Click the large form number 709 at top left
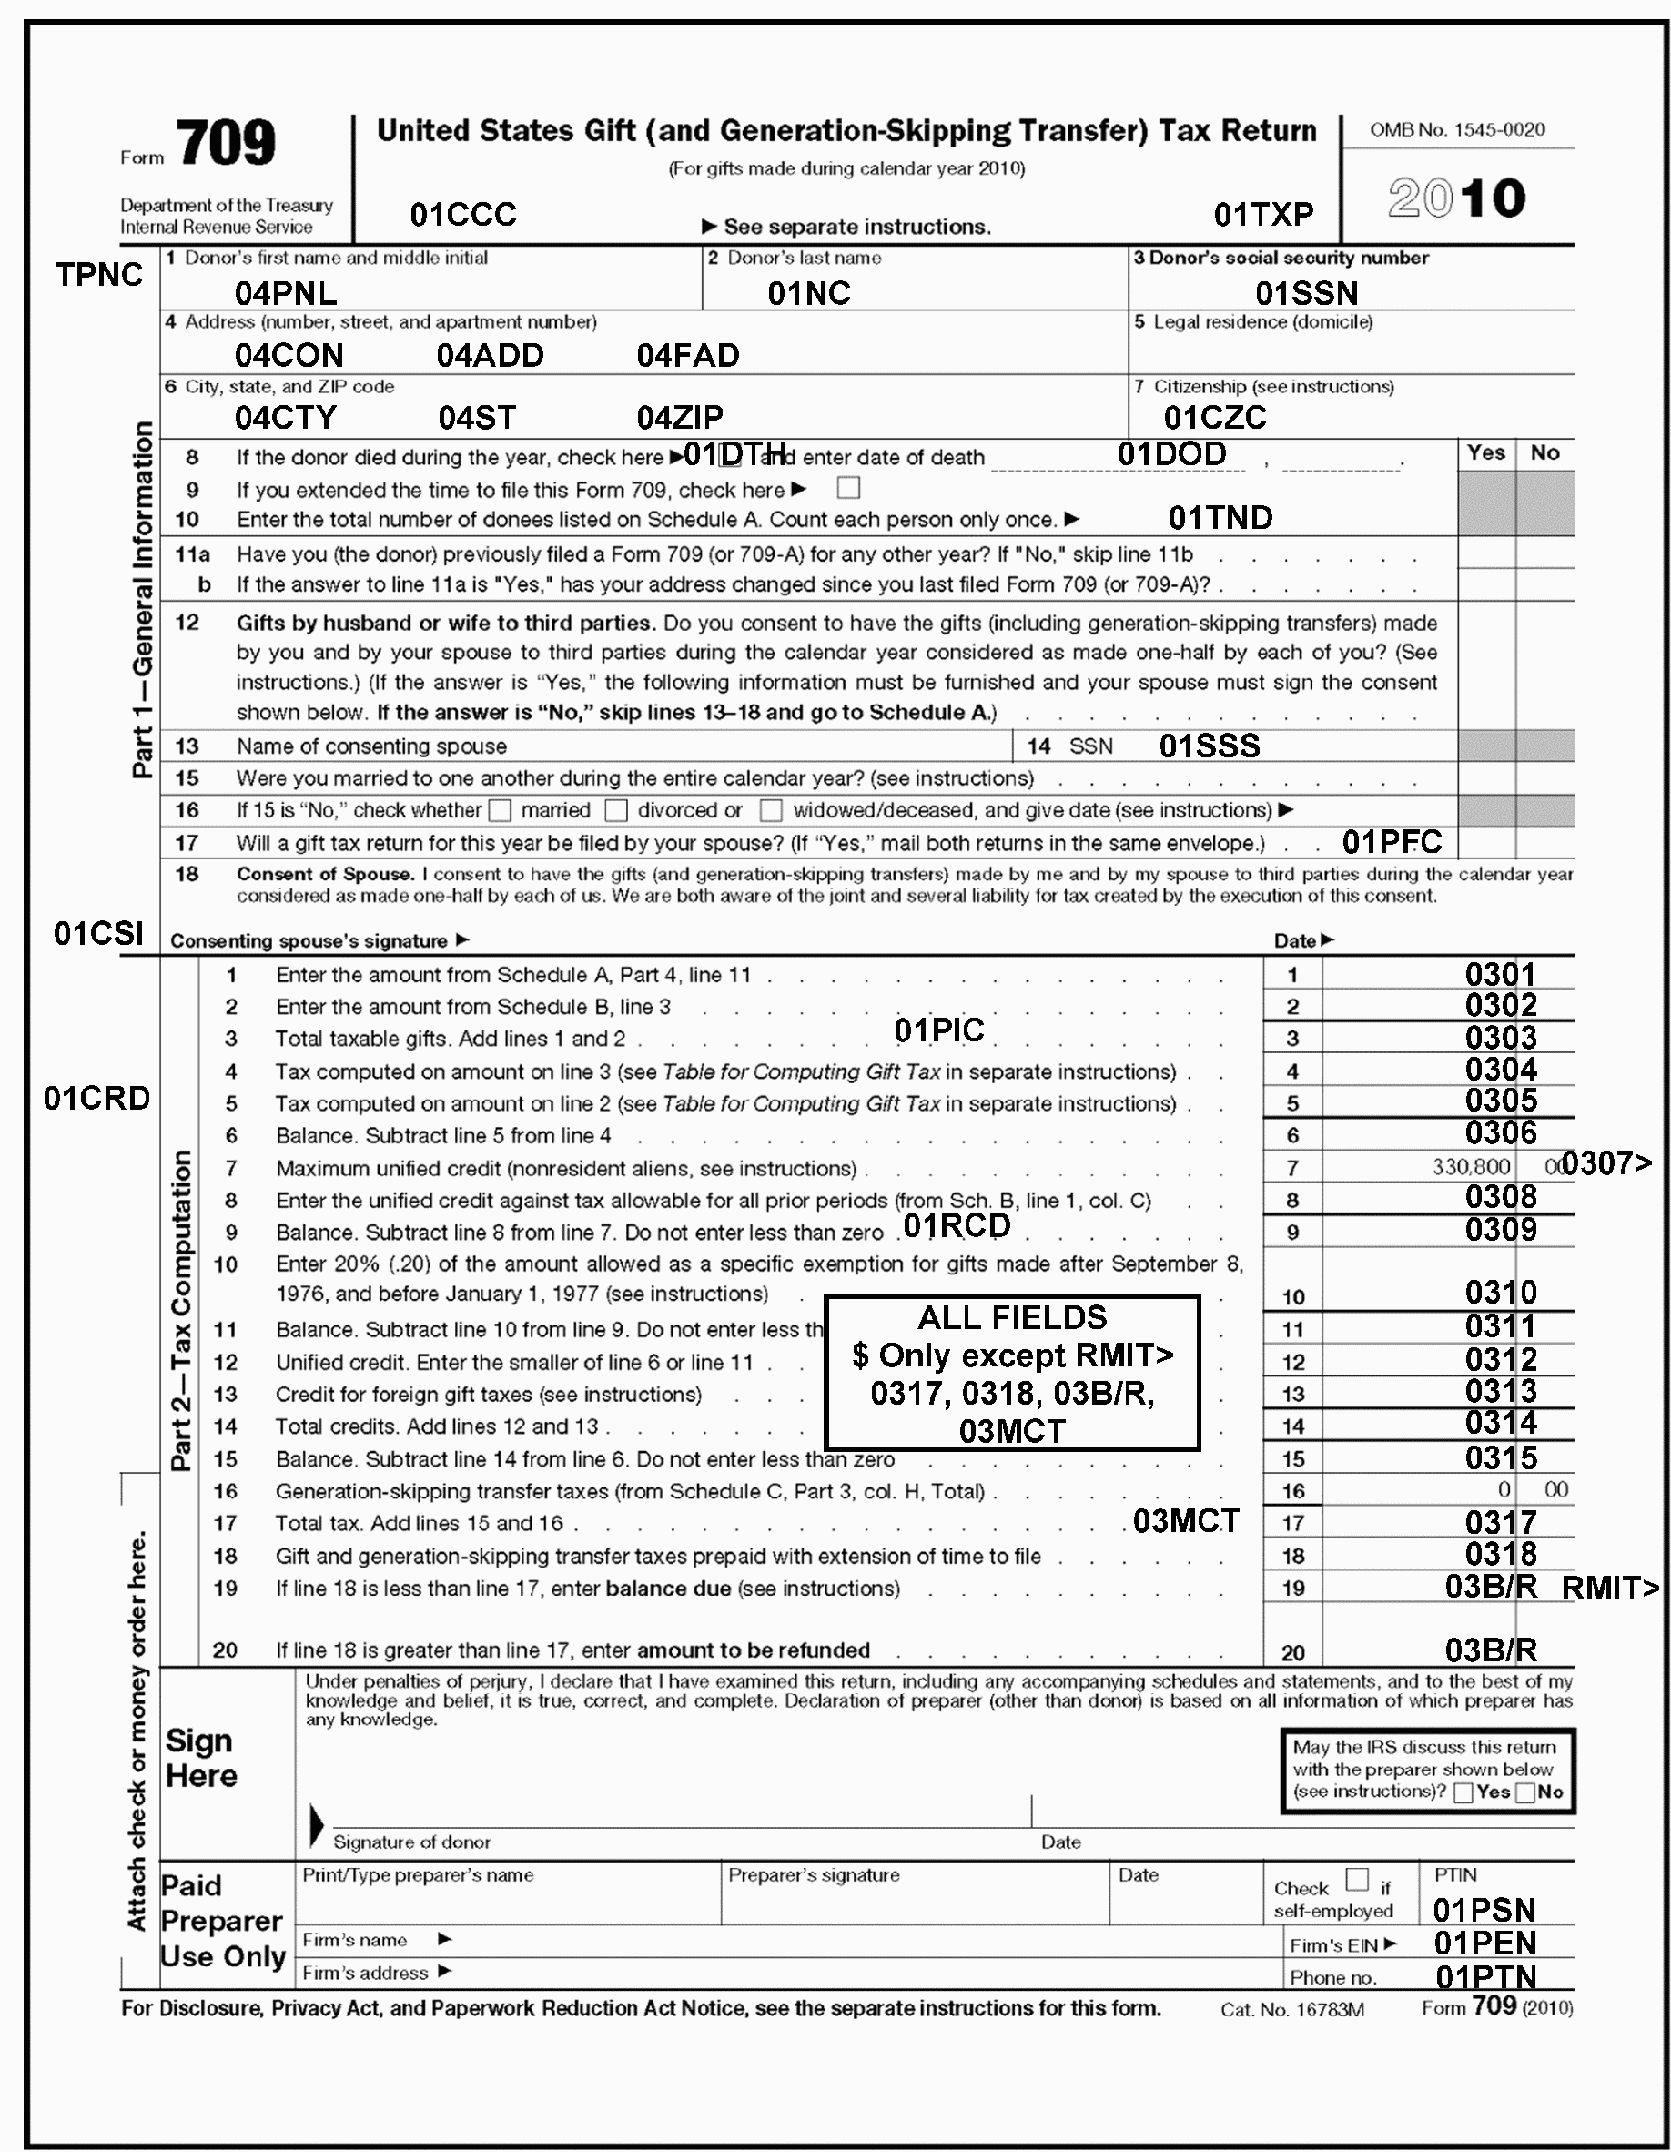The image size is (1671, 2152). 227,144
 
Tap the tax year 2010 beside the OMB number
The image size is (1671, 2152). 1456,198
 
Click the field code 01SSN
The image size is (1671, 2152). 1306,292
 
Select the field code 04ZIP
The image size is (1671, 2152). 680,418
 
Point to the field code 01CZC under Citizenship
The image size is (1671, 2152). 1215,418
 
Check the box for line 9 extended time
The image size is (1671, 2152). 847,488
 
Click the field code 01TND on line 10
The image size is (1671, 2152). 1220,518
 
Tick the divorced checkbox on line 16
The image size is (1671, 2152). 617,810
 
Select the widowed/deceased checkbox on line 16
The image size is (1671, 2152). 772,810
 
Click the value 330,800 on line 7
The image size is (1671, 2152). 1470,1167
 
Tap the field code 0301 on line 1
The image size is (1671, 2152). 1500,975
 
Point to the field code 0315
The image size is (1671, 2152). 1500,1457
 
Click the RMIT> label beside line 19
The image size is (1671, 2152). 1611,1588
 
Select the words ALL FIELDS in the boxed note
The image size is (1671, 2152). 1012,1317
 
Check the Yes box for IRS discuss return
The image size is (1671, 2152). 1463,1792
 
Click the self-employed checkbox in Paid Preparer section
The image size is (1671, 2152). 1357,1879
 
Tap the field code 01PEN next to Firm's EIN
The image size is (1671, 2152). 1484,1944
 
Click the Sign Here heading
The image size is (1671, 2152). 201,1758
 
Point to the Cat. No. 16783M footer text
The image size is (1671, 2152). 1291,2009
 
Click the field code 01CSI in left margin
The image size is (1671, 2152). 98,933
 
